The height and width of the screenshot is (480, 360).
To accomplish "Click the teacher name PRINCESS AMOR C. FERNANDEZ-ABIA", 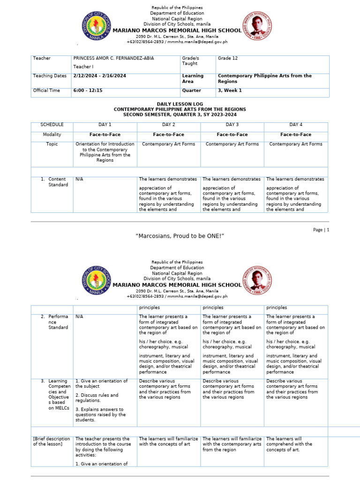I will point(113,58).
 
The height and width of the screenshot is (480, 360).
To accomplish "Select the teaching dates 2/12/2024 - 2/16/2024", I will point(99,76).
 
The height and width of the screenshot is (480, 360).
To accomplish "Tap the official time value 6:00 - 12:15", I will point(88,90).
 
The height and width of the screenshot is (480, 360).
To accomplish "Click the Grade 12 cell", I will point(227,58).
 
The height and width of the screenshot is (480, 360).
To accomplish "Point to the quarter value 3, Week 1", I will point(230,90).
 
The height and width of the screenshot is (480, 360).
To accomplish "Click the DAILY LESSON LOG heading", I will point(180,105).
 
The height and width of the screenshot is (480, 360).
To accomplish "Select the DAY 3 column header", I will point(232,125).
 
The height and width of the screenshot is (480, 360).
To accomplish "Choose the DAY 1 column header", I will point(105,125).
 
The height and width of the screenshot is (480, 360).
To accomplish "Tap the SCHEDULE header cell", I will point(52,125).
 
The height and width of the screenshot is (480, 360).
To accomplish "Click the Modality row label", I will point(52,135).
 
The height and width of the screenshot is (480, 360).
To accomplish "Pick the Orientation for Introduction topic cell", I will point(105,152).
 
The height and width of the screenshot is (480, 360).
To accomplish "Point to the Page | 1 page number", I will point(321,230).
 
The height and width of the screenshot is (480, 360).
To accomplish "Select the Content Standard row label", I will point(57,182).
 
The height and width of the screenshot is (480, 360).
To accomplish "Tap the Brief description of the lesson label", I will point(52,442).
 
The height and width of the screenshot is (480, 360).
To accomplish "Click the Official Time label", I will point(46,90).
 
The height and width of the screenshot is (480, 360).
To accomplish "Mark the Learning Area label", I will point(193,78).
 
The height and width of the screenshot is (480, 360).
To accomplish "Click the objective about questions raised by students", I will point(101,415).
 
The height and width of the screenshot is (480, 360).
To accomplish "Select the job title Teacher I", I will point(84,67).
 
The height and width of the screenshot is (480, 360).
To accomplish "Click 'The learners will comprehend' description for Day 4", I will point(289,444).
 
